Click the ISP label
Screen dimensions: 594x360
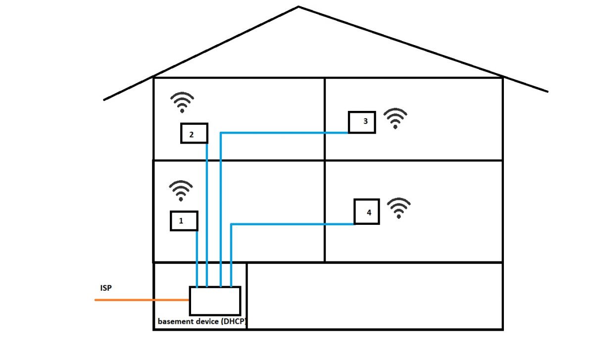point(106,288)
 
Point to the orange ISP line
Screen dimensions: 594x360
point(142,300)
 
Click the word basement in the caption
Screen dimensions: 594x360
point(175,321)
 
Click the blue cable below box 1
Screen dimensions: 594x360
point(197,259)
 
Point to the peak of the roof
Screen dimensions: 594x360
point(298,6)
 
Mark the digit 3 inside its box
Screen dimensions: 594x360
point(365,121)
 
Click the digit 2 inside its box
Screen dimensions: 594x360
point(192,135)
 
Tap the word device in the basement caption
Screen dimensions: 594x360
point(206,321)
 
